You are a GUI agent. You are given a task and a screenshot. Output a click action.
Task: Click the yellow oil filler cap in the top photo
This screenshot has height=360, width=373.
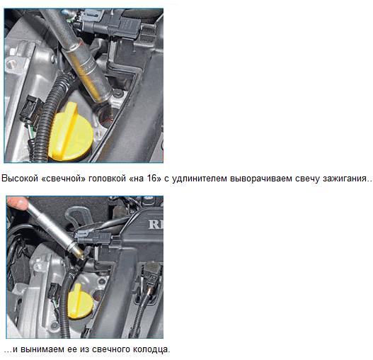[x=70, y=133]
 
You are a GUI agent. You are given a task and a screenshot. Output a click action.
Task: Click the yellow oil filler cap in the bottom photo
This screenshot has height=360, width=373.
[x=80, y=302]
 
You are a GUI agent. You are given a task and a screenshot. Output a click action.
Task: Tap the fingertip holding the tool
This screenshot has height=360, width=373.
[x=17, y=203]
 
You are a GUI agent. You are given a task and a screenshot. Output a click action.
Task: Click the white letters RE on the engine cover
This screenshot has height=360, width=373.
[x=156, y=225]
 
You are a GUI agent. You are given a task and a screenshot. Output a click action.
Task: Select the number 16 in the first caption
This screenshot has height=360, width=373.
[x=151, y=178]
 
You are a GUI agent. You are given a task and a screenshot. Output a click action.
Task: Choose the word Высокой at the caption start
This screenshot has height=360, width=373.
[x=20, y=178]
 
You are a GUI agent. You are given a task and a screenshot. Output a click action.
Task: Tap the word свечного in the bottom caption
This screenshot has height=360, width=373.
[x=110, y=349]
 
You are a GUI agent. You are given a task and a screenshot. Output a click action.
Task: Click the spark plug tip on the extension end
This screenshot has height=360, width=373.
[x=81, y=254]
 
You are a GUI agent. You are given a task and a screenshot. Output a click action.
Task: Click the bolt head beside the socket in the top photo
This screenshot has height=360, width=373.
[x=117, y=94]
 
